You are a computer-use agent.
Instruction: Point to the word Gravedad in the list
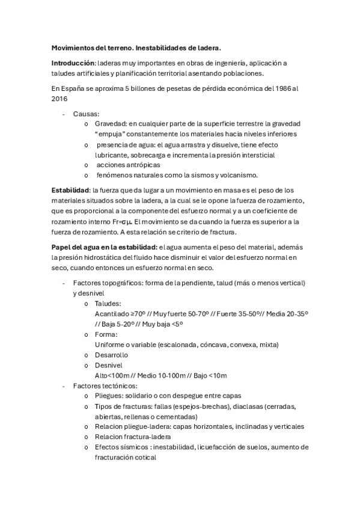point(111,124)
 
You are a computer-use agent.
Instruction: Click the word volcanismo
point(236,175)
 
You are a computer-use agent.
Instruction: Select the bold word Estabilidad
point(71,190)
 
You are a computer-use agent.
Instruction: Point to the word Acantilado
point(112,313)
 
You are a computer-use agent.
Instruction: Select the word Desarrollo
point(111,355)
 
